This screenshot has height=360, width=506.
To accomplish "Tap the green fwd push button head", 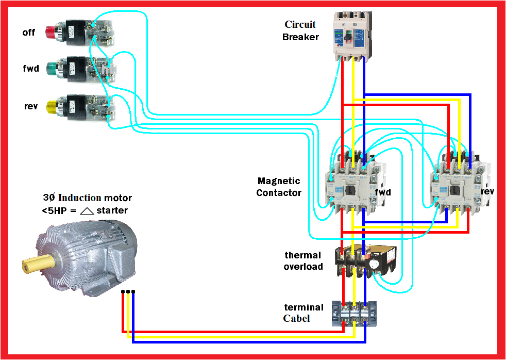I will coord(52,68).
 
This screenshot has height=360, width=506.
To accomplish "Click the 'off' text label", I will coord(29,32).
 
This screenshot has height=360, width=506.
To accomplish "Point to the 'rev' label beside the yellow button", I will coord(31,107).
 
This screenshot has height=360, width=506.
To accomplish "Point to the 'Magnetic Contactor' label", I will coord(279,187).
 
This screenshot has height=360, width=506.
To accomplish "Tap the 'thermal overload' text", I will coord(303,260).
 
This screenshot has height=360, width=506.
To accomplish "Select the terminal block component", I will coord(354,314).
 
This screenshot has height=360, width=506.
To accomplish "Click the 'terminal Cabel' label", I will coord(303,313).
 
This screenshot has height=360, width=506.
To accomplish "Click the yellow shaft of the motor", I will coord(32,264).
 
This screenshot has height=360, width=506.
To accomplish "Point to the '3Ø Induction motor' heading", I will coord(87,198).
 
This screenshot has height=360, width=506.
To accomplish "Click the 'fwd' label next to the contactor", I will coord(383,192).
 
